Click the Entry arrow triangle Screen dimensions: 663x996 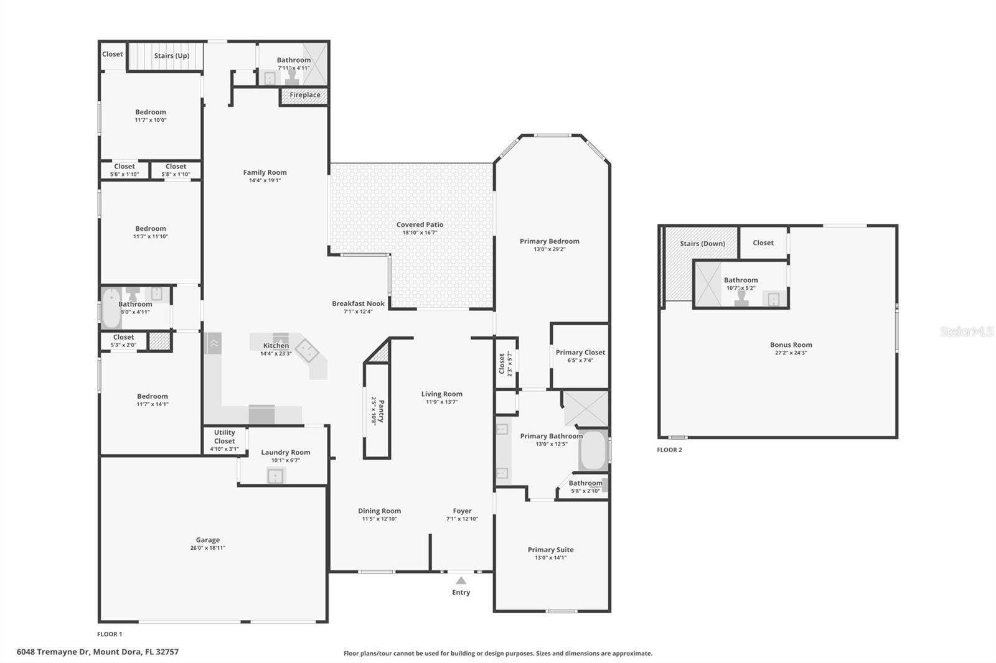click(x=461, y=580)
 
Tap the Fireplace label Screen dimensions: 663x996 click(x=305, y=95)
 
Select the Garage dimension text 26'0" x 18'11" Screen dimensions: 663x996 click(x=208, y=548)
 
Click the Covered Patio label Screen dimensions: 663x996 click(x=420, y=225)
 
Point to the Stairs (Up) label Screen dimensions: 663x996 click(x=172, y=55)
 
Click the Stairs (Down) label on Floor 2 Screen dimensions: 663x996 click(x=702, y=243)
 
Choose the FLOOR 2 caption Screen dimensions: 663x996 click(x=669, y=450)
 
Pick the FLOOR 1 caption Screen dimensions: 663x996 click(x=110, y=634)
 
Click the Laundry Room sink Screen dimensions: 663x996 click(x=275, y=476)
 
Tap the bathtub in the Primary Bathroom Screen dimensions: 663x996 click(x=593, y=451)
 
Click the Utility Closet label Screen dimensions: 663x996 click(x=225, y=437)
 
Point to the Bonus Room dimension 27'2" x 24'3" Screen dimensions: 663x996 click(x=791, y=353)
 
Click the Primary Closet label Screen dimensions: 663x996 click(x=580, y=352)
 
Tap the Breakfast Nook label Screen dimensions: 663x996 click(x=358, y=304)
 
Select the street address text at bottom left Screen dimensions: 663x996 click(x=98, y=652)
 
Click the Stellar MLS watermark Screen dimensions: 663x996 click(x=966, y=331)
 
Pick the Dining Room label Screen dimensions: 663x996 click(x=379, y=511)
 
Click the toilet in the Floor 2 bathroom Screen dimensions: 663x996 click(x=741, y=298)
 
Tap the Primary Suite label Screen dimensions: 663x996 click(x=550, y=549)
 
